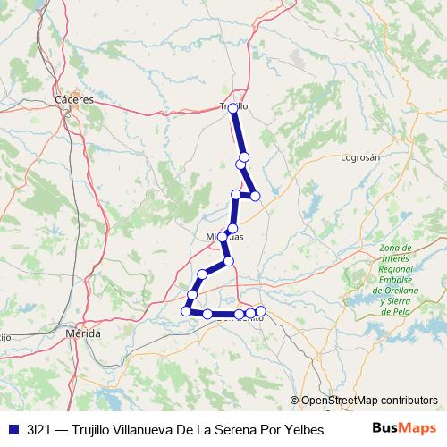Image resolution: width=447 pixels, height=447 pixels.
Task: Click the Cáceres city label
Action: point(74,100)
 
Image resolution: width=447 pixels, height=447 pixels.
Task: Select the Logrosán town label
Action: point(361,157)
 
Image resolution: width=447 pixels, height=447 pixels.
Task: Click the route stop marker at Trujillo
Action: point(233,108)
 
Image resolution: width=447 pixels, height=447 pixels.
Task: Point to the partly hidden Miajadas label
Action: point(225,236)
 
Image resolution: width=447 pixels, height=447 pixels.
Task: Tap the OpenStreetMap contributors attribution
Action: point(369,401)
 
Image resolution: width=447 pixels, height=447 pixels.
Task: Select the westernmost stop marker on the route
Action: point(187,310)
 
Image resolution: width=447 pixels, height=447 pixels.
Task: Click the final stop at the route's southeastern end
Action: point(260,311)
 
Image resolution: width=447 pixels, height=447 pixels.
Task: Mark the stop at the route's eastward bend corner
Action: point(255,195)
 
